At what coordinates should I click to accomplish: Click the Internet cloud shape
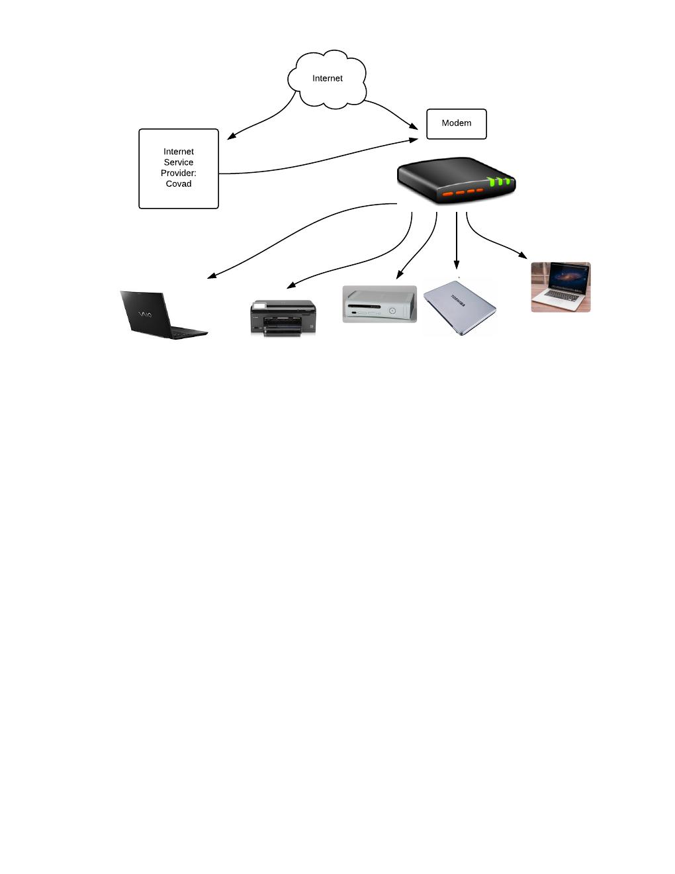coord(327,79)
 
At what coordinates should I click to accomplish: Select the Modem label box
coord(456,124)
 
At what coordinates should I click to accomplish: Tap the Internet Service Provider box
coord(179,168)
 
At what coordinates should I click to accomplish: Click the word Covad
coord(179,184)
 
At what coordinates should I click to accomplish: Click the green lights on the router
coord(500,181)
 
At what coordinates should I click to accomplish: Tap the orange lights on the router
coord(463,193)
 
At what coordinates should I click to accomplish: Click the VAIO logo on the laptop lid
coord(144,314)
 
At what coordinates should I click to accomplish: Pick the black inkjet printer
coord(283,318)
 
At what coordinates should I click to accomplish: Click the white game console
coord(379,304)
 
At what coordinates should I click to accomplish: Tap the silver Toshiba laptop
coord(460,307)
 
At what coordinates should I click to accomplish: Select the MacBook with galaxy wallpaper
coord(561,287)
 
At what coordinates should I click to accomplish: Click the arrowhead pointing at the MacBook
coord(523,255)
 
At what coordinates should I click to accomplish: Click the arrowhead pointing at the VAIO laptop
coord(212,276)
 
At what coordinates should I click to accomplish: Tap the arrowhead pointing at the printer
coord(291,285)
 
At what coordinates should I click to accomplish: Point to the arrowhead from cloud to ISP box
coord(231,137)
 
